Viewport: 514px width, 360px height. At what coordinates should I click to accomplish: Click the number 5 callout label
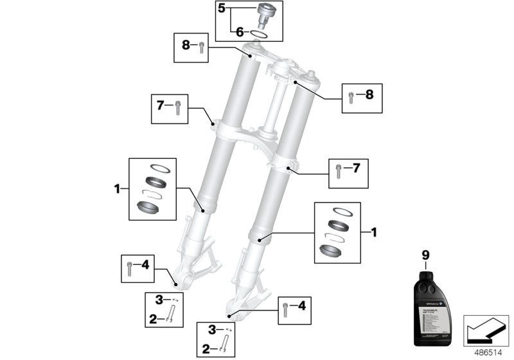coord(222,9)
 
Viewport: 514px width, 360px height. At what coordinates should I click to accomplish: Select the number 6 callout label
coord(240,31)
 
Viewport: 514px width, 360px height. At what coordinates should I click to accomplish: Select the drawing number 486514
coord(487,352)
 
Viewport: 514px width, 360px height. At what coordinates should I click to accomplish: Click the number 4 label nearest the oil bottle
coord(303,305)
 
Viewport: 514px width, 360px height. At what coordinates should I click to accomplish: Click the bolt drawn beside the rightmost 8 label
coord(351,98)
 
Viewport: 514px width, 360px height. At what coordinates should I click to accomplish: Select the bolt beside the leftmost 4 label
coord(131,267)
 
